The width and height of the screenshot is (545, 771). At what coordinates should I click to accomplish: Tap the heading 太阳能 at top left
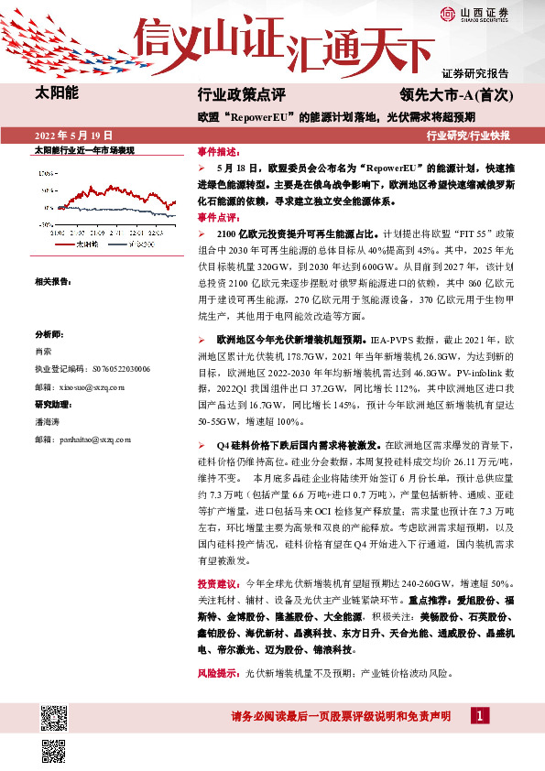[57, 93]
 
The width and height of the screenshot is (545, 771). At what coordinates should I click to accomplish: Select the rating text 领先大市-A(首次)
[461, 94]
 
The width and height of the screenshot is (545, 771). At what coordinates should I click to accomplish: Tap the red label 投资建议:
[221, 583]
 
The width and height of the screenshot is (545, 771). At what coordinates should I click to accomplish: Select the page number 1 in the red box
[478, 715]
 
